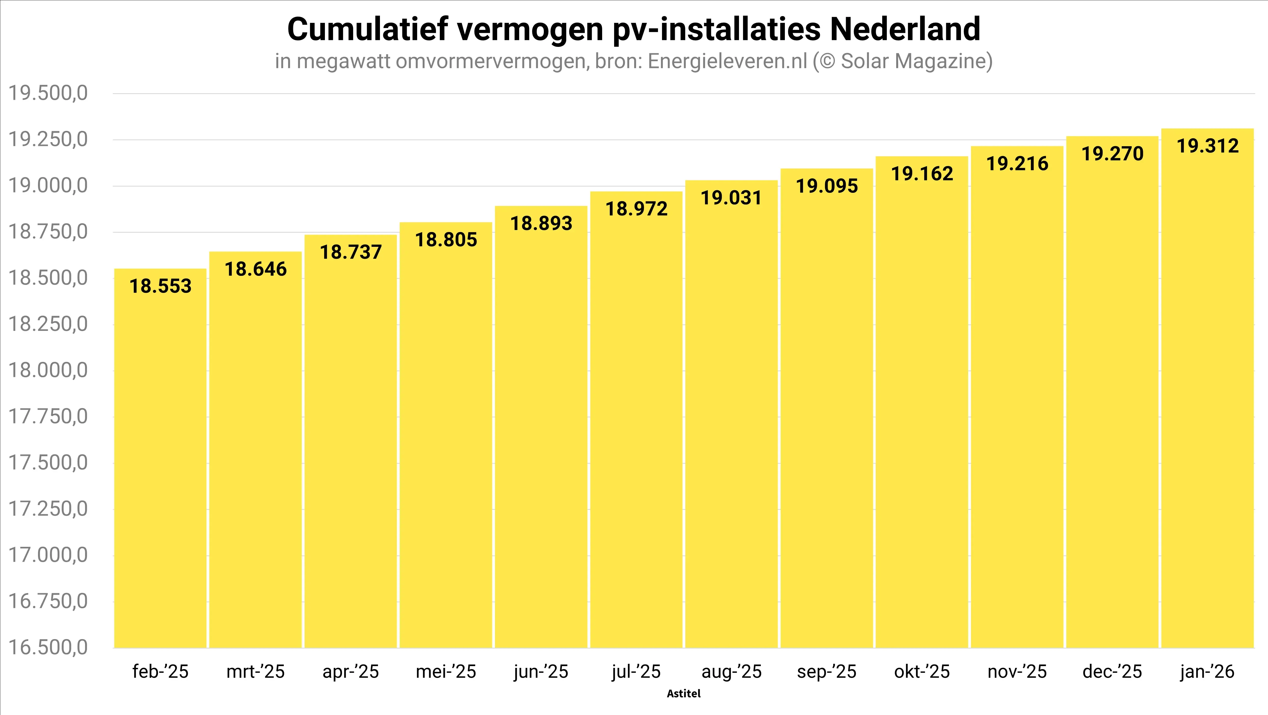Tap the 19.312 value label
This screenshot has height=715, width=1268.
[x=1207, y=146]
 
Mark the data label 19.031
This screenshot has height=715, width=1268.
[x=731, y=198]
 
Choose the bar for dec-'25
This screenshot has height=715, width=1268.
[x=1112, y=394]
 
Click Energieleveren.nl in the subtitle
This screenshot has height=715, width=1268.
[x=728, y=61]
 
